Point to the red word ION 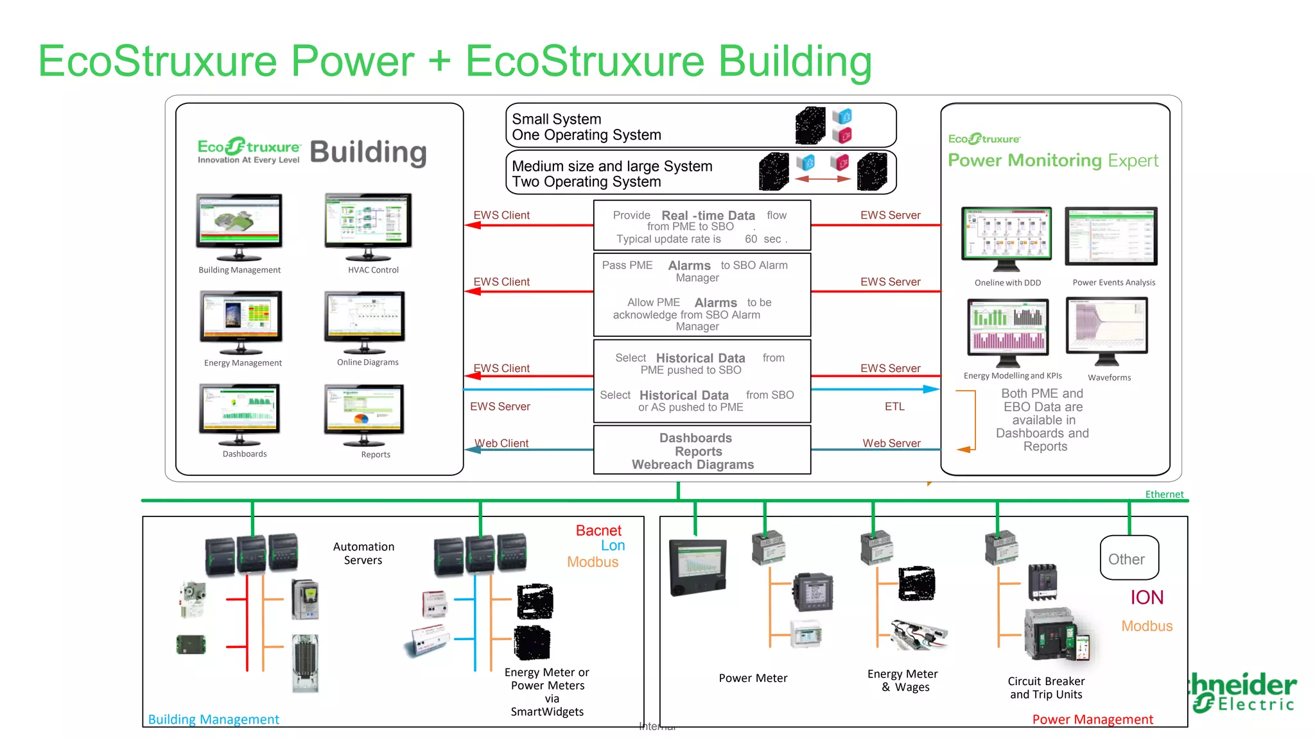pyautogui.click(x=1147, y=597)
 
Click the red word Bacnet pyautogui.click(x=598, y=531)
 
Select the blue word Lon pyautogui.click(x=613, y=545)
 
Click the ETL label pyautogui.click(x=894, y=406)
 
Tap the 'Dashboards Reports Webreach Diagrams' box pyautogui.click(x=701, y=450)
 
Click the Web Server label pyautogui.click(x=891, y=443)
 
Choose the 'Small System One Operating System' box pyautogui.click(x=700, y=126)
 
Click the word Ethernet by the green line pyautogui.click(x=1164, y=494)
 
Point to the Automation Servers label pyautogui.click(x=363, y=553)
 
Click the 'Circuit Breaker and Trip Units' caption pyautogui.click(x=1046, y=688)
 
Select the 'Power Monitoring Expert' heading pyautogui.click(x=1053, y=160)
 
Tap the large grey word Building pyautogui.click(x=368, y=153)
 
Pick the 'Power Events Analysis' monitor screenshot pyautogui.click(x=1111, y=235)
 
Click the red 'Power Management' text pyautogui.click(x=1092, y=719)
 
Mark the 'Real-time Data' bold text pyautogui.click(x=708, y=216)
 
